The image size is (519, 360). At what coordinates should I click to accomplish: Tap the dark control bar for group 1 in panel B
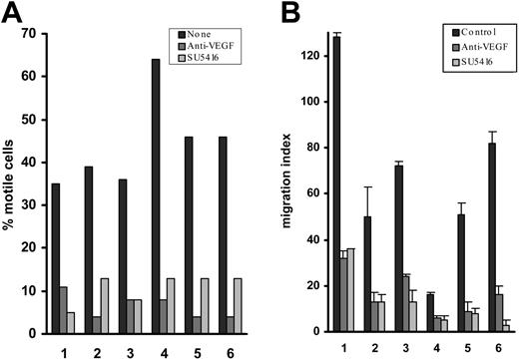(336, 183)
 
